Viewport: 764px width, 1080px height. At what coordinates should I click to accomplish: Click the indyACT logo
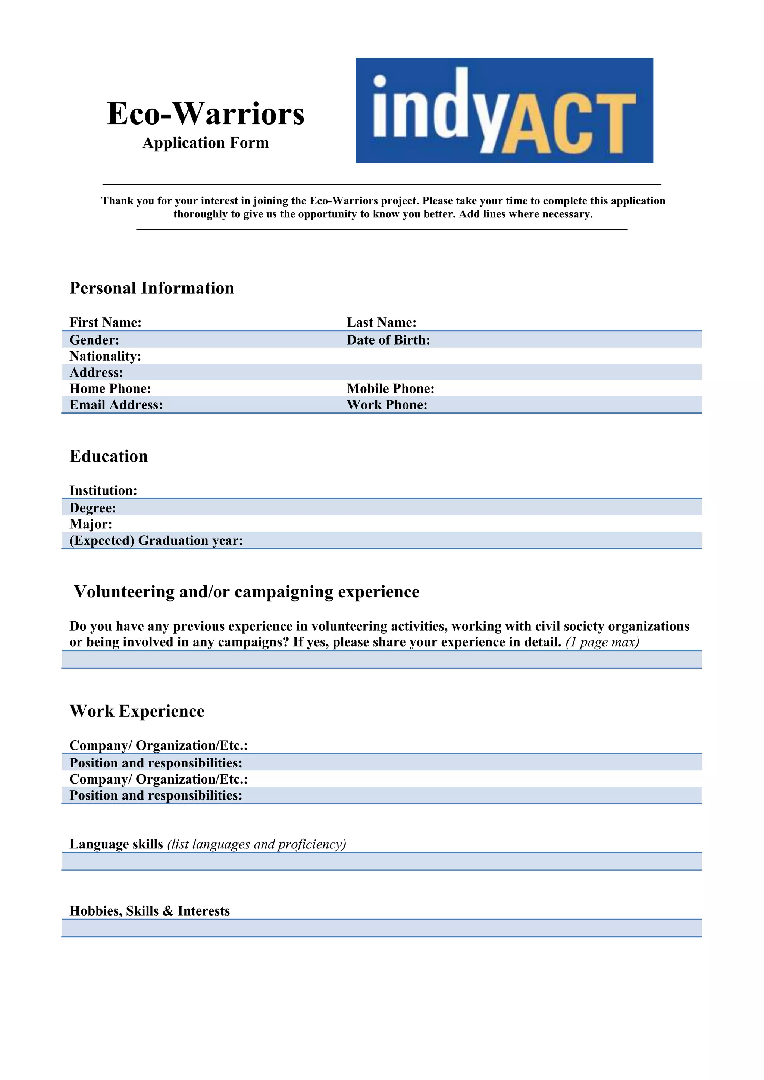[504, 110]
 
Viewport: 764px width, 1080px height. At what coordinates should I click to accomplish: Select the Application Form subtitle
[206, 142]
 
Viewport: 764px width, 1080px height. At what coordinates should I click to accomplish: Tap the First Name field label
[105, 323]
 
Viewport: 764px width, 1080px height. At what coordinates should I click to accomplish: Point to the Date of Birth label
[388, 340]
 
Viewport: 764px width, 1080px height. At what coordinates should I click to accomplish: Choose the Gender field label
[94, 340]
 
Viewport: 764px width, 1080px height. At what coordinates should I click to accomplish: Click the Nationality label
[105, 356]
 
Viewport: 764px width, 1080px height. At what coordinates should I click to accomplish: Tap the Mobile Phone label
[391, 389]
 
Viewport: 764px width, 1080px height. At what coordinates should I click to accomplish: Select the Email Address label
[116, 405]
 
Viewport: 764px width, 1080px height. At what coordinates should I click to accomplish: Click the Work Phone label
[387, 405]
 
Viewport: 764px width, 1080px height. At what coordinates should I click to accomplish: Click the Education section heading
[109, 456]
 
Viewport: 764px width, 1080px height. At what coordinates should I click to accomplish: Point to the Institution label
[103, 491]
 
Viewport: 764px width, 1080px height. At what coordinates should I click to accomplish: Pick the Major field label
[91, 524]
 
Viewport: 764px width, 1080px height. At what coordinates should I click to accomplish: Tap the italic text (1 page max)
[602, 642]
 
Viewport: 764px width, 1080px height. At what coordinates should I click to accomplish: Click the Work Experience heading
[137, 711]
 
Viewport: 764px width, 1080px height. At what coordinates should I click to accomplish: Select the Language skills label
[116, 844]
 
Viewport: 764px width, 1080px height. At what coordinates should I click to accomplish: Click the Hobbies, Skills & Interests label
[150, 911]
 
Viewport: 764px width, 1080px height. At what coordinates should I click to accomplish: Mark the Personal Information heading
[151, 288]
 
